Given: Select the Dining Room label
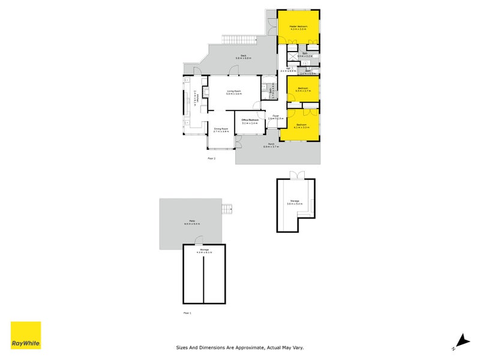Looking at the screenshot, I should click(221, 129).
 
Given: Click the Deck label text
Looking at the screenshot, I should click(244, 56).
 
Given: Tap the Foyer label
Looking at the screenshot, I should click(275, 116).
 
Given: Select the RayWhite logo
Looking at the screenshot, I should click(26, 335).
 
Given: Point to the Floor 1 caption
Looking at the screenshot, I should click(187, 313).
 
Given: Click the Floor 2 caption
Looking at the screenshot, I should click(211, 158).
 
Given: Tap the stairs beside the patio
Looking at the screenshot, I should click(227, 208).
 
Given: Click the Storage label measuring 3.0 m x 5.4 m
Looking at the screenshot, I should click(294, 202).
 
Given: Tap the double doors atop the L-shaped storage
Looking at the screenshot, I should click(296, 175).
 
